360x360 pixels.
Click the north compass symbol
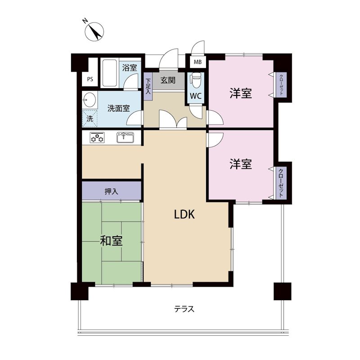pyautogui.click(x=94, y=31)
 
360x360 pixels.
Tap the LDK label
pyautogui.click(x=184, y=215)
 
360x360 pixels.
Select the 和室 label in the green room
pyautogui.click(x=111, y=241)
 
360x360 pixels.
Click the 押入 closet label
pyautogui.click(x=111, y=191)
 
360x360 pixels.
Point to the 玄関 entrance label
pyautogui.click(x=168, y=80)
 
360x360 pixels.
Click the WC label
pyautogui.click(x=196, y=96)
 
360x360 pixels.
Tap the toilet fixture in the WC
pyautogui.click(x=196, y=80)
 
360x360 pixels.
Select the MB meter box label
pyautogui.click(x=198, y=62)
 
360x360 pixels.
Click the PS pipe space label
pyautogui.click(x=90, y=79)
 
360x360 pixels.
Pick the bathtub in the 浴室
pyautogui.click(x=110, y=73)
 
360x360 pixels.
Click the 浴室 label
pyautogui.click(x=130, y=68)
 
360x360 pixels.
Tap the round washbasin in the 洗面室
pyautogui.click(x=90, y=100)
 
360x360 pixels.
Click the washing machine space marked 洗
pyautogui.click(x=90, y=118)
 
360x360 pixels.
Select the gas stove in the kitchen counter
pyautogui.click(x=97, y=138)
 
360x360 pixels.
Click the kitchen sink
pyautogui.click(x=126, y=137)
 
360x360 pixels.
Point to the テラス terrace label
pyautogui.click(x=184, y=309)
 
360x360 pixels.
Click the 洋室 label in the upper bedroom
pyautogui.click(x=241, y=93)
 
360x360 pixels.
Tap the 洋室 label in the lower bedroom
pyautogui.click(x=241, y=164)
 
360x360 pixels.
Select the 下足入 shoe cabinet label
pyautogui.click(x=148, y=86)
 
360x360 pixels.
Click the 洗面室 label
pyautogui.click(x=118, y=108)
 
